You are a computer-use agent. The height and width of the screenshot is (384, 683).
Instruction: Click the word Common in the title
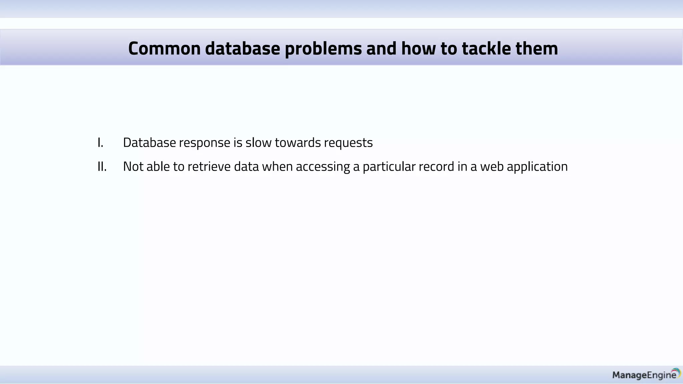coord(164,48)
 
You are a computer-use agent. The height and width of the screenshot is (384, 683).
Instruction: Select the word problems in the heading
coord(323,49)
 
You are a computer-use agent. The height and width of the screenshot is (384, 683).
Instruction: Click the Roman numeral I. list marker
coord(100,143)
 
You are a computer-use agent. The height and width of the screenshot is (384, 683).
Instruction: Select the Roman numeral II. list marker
coord(102,167)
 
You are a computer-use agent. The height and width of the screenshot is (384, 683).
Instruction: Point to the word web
coord(492,167)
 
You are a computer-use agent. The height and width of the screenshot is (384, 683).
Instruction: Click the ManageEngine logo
coord(646,375)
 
